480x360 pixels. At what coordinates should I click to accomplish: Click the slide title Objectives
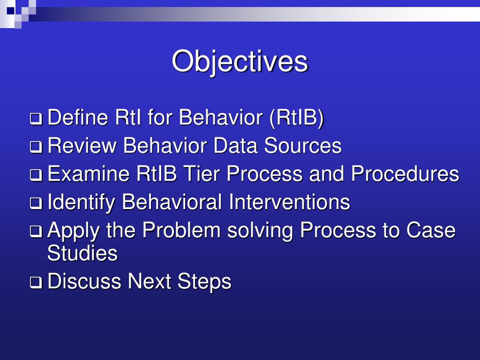240,61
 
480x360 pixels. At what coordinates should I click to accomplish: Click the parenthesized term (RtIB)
296,118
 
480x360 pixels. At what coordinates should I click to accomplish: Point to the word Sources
302,146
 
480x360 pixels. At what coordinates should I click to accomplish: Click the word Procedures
405,174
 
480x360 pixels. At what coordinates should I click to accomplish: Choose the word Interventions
289,202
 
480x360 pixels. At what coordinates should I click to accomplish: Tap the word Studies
82,254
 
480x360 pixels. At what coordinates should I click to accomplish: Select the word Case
431,230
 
